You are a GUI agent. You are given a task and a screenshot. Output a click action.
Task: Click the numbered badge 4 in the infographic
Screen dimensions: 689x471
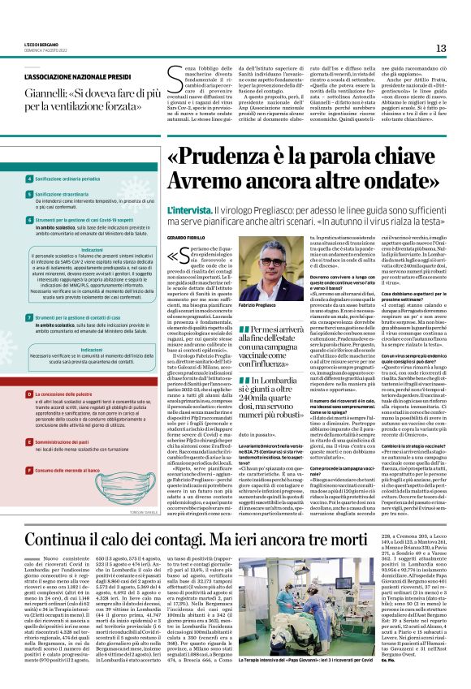click(29, 177)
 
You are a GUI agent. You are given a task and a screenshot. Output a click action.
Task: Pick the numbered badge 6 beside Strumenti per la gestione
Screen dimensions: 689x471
click(29, 220)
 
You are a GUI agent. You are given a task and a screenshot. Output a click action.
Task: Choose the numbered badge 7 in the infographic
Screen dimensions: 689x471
click(29, 319)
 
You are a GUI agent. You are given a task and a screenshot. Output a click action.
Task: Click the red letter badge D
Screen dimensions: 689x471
click(29, 394)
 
